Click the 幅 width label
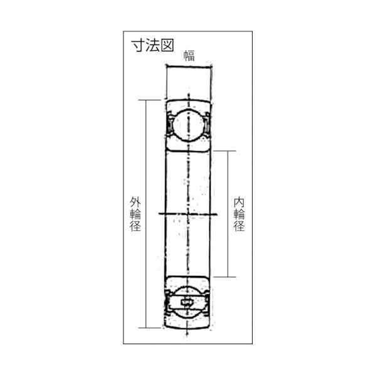(189, 55)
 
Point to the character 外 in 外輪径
(135, 202)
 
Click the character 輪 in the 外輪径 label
(135, 214)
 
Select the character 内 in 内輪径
(238, 202)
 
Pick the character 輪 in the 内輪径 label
(238, 214)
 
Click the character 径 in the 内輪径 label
(238, 227)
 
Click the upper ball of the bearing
(188, 124)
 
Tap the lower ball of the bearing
(188, 303)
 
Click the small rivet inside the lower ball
(188, 304)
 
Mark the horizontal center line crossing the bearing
(188, 214)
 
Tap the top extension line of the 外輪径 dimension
(154, 98)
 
